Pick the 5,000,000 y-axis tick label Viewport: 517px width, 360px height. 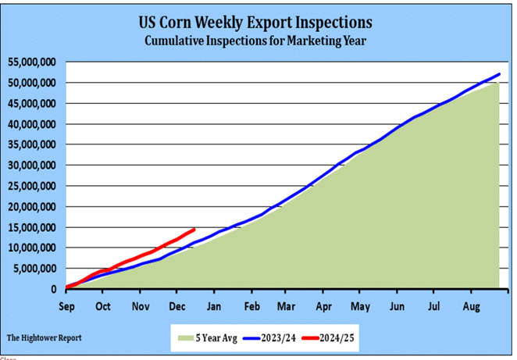coord(34,269)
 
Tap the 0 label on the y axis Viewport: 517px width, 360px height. coord(54,289)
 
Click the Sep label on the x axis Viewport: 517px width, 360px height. coord(67,305)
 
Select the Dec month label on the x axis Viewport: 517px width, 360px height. coord(175,305)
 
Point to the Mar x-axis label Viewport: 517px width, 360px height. coord(287,305)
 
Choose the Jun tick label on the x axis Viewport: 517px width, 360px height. coord(398,305)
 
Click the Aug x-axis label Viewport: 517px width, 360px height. coord(472,305)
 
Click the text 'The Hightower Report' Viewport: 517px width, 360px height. coord(45,338)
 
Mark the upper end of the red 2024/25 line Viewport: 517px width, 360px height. coord(194,230)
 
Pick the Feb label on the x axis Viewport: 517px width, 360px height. coord(251,305)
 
